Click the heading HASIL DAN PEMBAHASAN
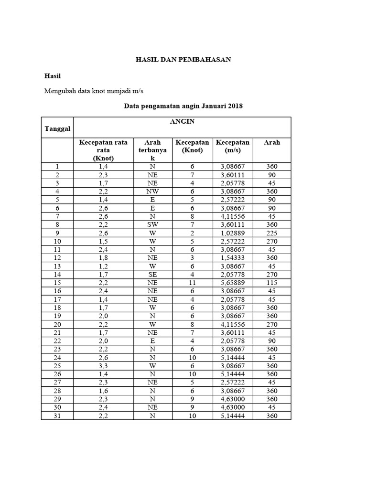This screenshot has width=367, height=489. click(183, 60)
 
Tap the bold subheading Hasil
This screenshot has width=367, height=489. click(53, 76)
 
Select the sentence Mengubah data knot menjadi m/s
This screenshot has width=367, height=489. click(94, 91)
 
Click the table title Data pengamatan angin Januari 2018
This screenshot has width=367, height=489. click(183, 106)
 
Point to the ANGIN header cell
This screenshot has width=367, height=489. click(182, 122)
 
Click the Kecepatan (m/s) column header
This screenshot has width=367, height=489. click(232, 146)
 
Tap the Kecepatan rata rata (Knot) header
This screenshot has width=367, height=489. click(103, 150)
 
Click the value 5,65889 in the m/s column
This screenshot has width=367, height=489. click(232, 283)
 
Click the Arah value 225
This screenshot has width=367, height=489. click(271, 233)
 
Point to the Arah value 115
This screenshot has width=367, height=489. click(271, 283)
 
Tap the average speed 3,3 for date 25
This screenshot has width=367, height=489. click(103, 366)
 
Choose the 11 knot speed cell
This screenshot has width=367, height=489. click(192, 283)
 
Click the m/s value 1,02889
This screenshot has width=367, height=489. click(232, 233)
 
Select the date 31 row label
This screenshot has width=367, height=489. click(57, 415)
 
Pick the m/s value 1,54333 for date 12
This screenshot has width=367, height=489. click(232, 258)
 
